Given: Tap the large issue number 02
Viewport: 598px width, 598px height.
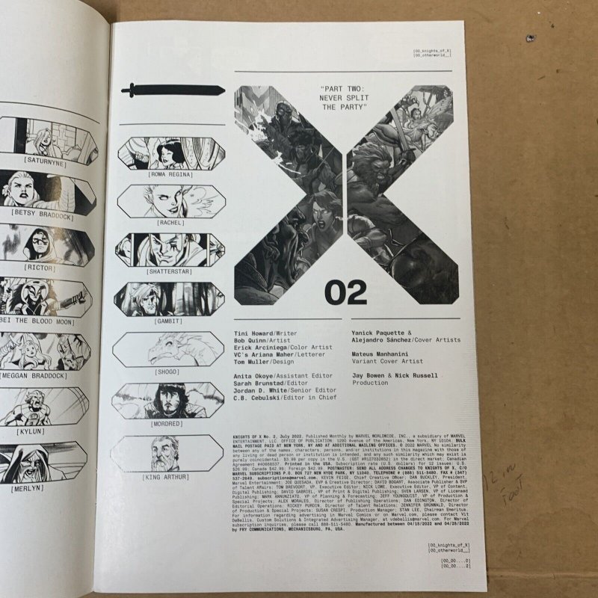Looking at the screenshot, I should [x=348, y=291].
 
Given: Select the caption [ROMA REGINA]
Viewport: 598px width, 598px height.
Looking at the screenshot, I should [x=171, y=174].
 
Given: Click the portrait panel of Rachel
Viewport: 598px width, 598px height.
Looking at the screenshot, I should [x=171, y=200].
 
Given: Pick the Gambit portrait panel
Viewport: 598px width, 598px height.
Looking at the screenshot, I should [x=171, y=298].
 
